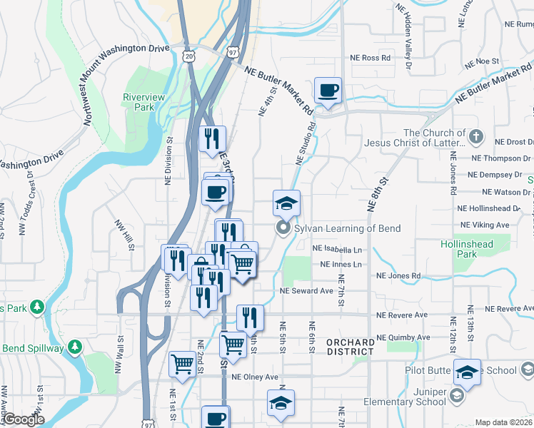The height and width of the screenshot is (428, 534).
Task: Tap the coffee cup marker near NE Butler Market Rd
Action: [328, 91]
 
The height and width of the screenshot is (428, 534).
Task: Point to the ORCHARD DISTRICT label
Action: [350, 347]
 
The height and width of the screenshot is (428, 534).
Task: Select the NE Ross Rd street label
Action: [371, 58]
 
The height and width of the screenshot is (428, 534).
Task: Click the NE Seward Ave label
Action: [307, 291]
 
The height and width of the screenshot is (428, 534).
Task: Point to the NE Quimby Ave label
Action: [403, 337]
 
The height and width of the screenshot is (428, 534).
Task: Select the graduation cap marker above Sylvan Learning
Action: [286, 203]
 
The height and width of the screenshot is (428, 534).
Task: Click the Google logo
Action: [23, 419]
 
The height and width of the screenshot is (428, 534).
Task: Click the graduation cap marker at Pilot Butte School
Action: [467, 372]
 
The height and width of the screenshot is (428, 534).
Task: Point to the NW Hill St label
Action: [125, 235]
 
